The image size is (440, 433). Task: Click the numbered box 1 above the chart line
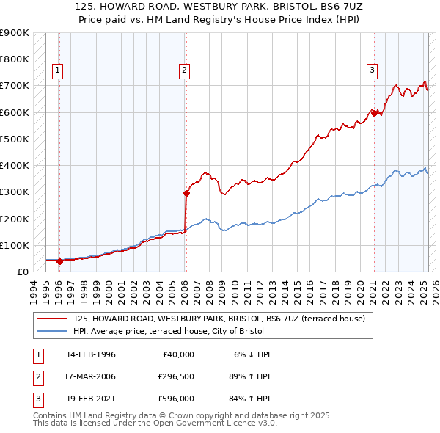[57, 70]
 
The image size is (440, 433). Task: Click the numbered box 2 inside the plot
[184, 70]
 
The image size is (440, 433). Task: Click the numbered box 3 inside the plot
[373, 70]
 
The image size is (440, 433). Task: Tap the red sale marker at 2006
[186, 194]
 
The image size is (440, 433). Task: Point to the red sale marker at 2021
[374, 113]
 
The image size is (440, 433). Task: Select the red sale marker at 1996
[59, 261]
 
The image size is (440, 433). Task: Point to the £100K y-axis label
[15, 245]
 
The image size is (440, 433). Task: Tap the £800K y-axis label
[15, 59]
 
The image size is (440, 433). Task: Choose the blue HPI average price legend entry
[213, 331]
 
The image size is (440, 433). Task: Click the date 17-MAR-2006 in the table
[91, 377]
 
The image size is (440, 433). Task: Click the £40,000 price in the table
[177, 354]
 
